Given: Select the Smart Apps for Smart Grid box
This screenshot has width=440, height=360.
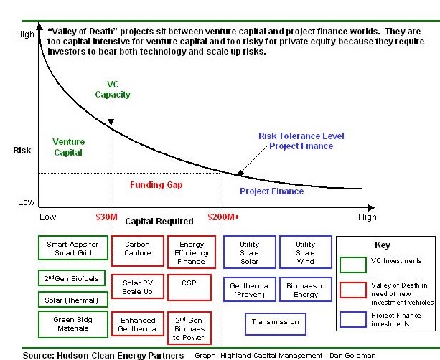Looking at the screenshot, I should (72, 248).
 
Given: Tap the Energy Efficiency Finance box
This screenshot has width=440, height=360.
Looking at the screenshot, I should (191, 252).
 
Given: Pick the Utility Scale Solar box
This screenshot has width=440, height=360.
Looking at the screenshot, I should (249, 252).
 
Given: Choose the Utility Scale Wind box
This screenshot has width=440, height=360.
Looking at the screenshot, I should (305, 252).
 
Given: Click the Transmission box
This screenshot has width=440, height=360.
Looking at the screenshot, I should (274, 323).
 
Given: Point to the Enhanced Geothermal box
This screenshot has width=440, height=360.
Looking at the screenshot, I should (137, 323).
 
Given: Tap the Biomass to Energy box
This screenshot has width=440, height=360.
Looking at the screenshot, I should (305, 290).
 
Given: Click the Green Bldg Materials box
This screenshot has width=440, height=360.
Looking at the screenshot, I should (72, 324).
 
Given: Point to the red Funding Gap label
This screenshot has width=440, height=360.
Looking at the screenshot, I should (156, 185).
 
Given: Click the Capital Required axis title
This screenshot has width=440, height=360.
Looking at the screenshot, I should (159, 222).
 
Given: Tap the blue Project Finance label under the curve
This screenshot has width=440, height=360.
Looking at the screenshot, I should (272, 191).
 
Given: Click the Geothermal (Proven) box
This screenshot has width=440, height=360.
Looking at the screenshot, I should (249, 290).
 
